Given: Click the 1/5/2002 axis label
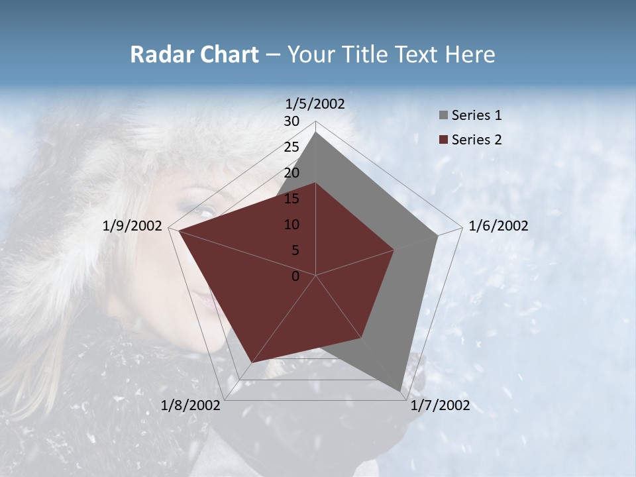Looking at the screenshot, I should point(315,103).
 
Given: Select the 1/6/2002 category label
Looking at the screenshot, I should point(498,226).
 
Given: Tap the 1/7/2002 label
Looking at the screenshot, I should point(440,405).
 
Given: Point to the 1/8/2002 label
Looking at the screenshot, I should point(191,405).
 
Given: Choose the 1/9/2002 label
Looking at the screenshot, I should point(132,226).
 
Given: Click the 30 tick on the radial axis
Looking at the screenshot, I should point(291,121).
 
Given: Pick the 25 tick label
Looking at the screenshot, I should point(291,147).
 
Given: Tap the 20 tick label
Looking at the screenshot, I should point(291,173).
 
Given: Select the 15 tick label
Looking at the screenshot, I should point(291,199).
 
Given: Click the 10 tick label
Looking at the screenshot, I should point(291,225).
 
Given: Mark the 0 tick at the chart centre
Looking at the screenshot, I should point(295,276).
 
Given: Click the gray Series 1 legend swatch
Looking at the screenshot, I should point(444,115).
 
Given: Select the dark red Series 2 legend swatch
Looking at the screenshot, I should point(444,140).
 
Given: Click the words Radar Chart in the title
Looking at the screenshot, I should point(194,54).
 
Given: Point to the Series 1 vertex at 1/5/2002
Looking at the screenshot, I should point(316,132).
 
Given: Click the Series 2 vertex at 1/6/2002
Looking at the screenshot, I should point(394,250).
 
